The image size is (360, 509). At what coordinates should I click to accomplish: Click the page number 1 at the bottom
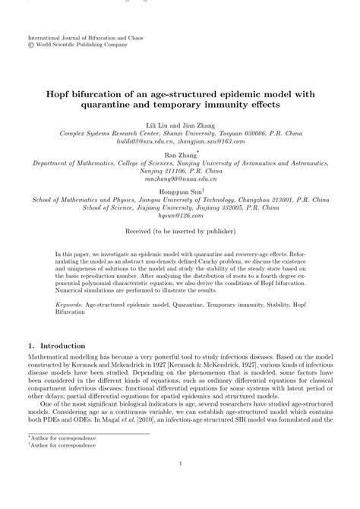pyautogui.click(x=180, y=486)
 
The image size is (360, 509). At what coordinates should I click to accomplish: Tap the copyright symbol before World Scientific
pyautogui.click(x=30, y=45)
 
